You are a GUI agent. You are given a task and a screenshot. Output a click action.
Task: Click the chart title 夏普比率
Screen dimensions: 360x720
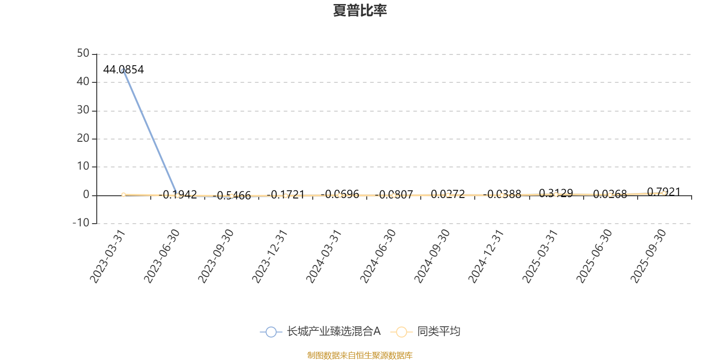point(360,10)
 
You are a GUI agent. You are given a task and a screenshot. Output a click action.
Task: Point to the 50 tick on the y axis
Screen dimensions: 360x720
point(83,54)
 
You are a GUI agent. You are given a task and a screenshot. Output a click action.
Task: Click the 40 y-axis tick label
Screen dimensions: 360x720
point(83,82)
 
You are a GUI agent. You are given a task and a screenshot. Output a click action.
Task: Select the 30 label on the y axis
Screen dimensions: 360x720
point(83,110)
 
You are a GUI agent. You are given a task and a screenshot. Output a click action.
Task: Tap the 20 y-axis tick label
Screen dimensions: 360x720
point(83,139)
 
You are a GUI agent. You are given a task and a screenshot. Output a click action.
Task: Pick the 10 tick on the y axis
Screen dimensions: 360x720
point(83,166)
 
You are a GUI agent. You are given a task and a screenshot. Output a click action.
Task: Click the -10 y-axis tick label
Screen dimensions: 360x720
point(81,223)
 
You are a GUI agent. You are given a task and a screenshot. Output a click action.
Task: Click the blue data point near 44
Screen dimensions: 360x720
point(123,71)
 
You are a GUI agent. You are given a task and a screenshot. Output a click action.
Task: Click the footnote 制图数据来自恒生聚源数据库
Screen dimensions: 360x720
point(360,355)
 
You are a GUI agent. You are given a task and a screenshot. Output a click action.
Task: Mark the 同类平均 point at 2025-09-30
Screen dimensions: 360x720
point(664,193)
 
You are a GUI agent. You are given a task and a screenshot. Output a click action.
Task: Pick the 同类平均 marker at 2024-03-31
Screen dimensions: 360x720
point(340,195)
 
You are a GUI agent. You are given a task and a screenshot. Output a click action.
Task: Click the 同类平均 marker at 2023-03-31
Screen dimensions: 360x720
point(123,194)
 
